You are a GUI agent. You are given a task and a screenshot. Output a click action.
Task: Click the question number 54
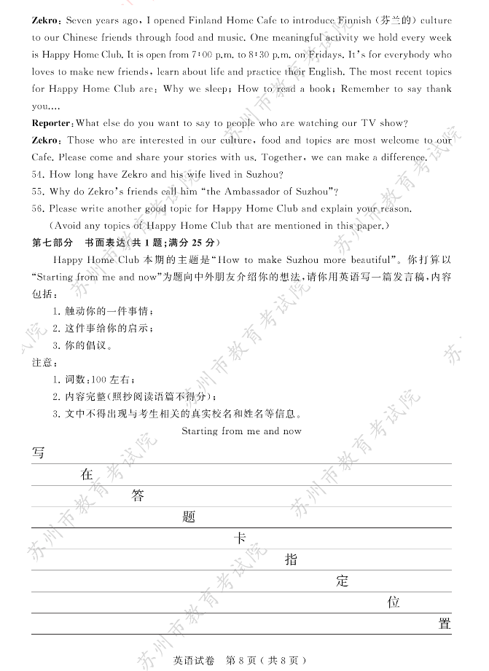(39, 174)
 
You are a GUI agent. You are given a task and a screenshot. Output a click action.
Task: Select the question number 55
(39, 192)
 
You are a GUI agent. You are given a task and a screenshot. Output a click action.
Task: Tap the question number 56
(39, 209)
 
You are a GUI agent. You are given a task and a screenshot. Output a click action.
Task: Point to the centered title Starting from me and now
(241, 431)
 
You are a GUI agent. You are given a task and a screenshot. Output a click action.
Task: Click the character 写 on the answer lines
(38, 453)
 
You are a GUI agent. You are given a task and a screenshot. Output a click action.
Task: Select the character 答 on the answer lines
(138, 496)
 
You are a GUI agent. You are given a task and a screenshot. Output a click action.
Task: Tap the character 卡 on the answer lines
(240, 538)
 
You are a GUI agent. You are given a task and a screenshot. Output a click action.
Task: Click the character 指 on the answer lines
(291, 560)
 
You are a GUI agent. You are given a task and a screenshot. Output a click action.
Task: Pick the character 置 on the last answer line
(445, 624)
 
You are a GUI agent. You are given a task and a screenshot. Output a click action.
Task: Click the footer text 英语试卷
(194, 660)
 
